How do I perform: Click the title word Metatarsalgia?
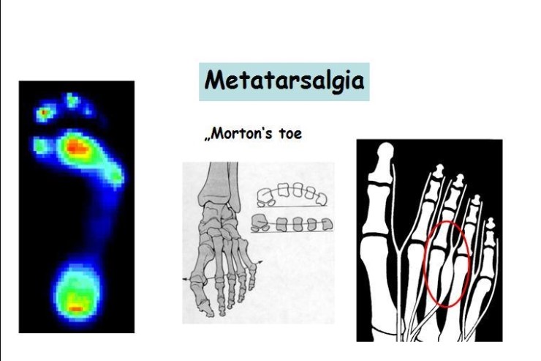[x=284, y=81]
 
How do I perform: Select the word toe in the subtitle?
[x=290, y=134]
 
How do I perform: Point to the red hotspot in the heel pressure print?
[x=76, y=308]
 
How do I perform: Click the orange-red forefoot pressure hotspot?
[x=76, y=147]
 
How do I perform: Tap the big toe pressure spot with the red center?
[x=45, y=113]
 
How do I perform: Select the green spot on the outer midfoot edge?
[x=117, y=177]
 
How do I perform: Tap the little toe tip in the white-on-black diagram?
[x=490, y=225]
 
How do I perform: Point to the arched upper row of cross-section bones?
[x=292, y=195]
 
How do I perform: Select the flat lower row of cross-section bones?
[x=292, y=224]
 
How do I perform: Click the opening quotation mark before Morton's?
[x=207, y=139]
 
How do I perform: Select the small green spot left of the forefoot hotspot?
[x=41, y=146]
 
